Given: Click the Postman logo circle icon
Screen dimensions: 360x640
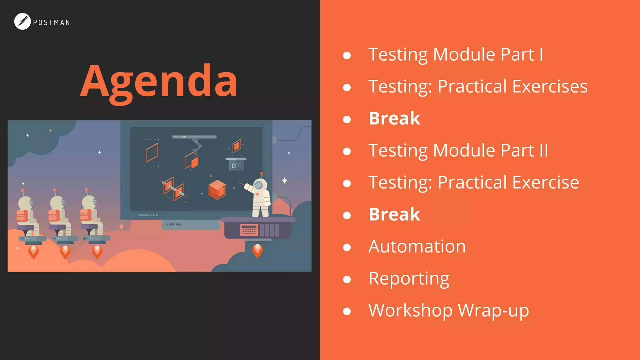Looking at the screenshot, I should click(x=22, y=21).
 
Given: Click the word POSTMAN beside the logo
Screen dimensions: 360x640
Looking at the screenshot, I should click(x=52, y=22).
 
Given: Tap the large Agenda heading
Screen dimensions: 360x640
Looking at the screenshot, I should click(x=159, y=82).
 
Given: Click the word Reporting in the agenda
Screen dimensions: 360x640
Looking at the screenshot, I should click(x=409, y=278).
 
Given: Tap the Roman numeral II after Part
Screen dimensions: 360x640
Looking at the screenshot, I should click(x=543, y=150).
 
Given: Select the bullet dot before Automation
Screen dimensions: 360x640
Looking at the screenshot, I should click(x=347, y=247).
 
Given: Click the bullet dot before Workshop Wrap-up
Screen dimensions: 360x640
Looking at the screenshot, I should click(x=347, y=311).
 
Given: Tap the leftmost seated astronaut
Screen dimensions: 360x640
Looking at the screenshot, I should click(x=27, y=216).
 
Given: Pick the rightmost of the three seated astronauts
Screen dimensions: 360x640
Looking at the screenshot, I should click(x=91, y=216).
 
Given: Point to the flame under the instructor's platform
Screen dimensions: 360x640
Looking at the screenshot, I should click(x=257, y=250).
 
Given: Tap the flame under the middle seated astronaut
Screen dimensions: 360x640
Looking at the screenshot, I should click(x=65, y=252).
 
